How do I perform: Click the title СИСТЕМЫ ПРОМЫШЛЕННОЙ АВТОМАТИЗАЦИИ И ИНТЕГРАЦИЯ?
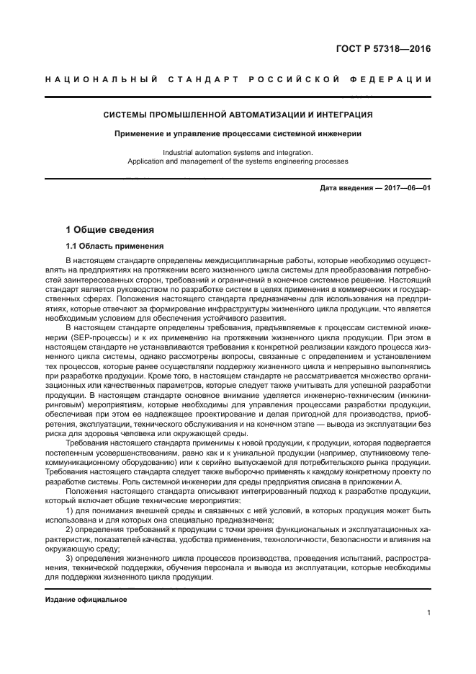(238, 115)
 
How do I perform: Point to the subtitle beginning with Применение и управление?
(238, 133)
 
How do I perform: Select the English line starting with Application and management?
(238, 161)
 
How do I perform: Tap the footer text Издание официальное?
(86, 600)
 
